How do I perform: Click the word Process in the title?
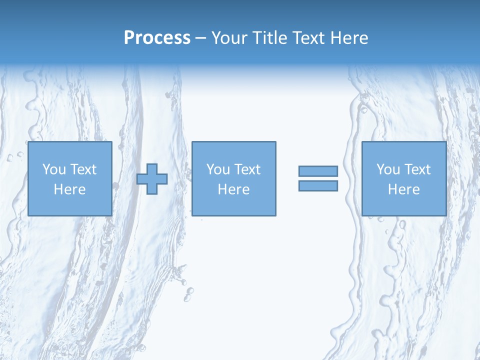click(x=157, y=38)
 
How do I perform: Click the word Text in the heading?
click(x=306, y=38)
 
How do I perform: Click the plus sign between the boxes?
click(x=152, y=179)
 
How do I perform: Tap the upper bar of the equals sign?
click(x=318, y=171)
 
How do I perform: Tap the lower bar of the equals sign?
click(x=318, y=185)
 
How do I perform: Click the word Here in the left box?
click(x=69, y=189)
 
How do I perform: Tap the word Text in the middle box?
click(x=247, y=169)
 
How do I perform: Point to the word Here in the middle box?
click(x=233, y=189)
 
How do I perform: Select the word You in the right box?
click(x=388, y=169)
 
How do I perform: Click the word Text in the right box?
click(x=417, y=169)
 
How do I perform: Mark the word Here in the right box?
click(x=403, y=189)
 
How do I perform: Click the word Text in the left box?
click(x=83, y=169)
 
